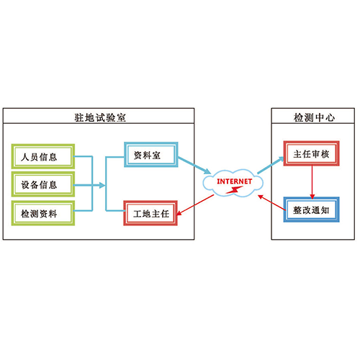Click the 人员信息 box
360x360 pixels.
(x=43, y=156)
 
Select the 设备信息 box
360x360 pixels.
(x=43, y=184)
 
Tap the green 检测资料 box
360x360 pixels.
(x=43, y=213)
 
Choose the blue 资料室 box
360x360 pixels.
(x=151, y=155)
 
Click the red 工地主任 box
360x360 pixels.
(x=150, y=213)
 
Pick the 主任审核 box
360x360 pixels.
(x=311, y=153)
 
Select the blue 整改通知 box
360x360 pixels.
(x=311, y=210)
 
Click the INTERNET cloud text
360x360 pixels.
(x=235, y=181)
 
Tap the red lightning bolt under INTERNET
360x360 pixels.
(x=234, y=190)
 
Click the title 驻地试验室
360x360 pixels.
(x=100, y=117)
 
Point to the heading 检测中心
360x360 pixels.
(x=314, y=117)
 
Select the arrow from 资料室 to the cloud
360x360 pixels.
(x=194, y=166)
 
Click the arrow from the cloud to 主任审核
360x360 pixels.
(x=271, y=165)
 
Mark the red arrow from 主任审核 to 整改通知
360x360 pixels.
(x=312, y=182)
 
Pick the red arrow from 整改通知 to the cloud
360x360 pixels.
(x=271, y=203)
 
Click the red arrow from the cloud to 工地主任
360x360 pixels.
(x=195, y=204)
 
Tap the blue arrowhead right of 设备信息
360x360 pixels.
(x=102, y=185)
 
